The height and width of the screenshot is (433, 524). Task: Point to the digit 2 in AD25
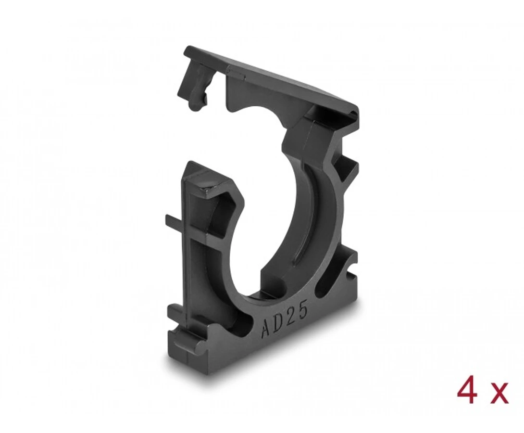(291, 316)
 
